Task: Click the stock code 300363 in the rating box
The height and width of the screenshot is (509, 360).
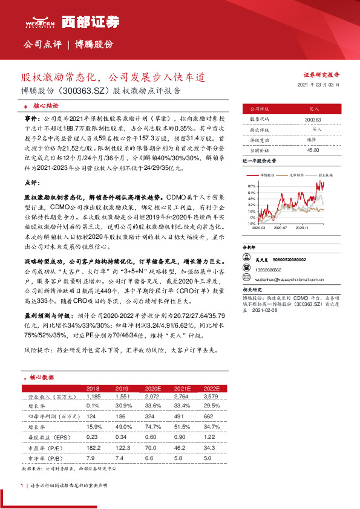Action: point(313,120)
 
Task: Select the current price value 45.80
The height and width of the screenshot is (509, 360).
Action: point(313,149)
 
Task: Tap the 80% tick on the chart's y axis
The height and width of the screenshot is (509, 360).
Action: point(251,186)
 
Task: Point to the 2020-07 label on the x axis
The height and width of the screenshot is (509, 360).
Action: point(281,229)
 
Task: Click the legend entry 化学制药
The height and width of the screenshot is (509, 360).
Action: point(296,174)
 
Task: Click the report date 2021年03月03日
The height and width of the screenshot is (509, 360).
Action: point(318,85)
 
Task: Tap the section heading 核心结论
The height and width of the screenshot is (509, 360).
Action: point(45,105)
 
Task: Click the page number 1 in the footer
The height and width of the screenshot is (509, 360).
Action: point(22,485)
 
